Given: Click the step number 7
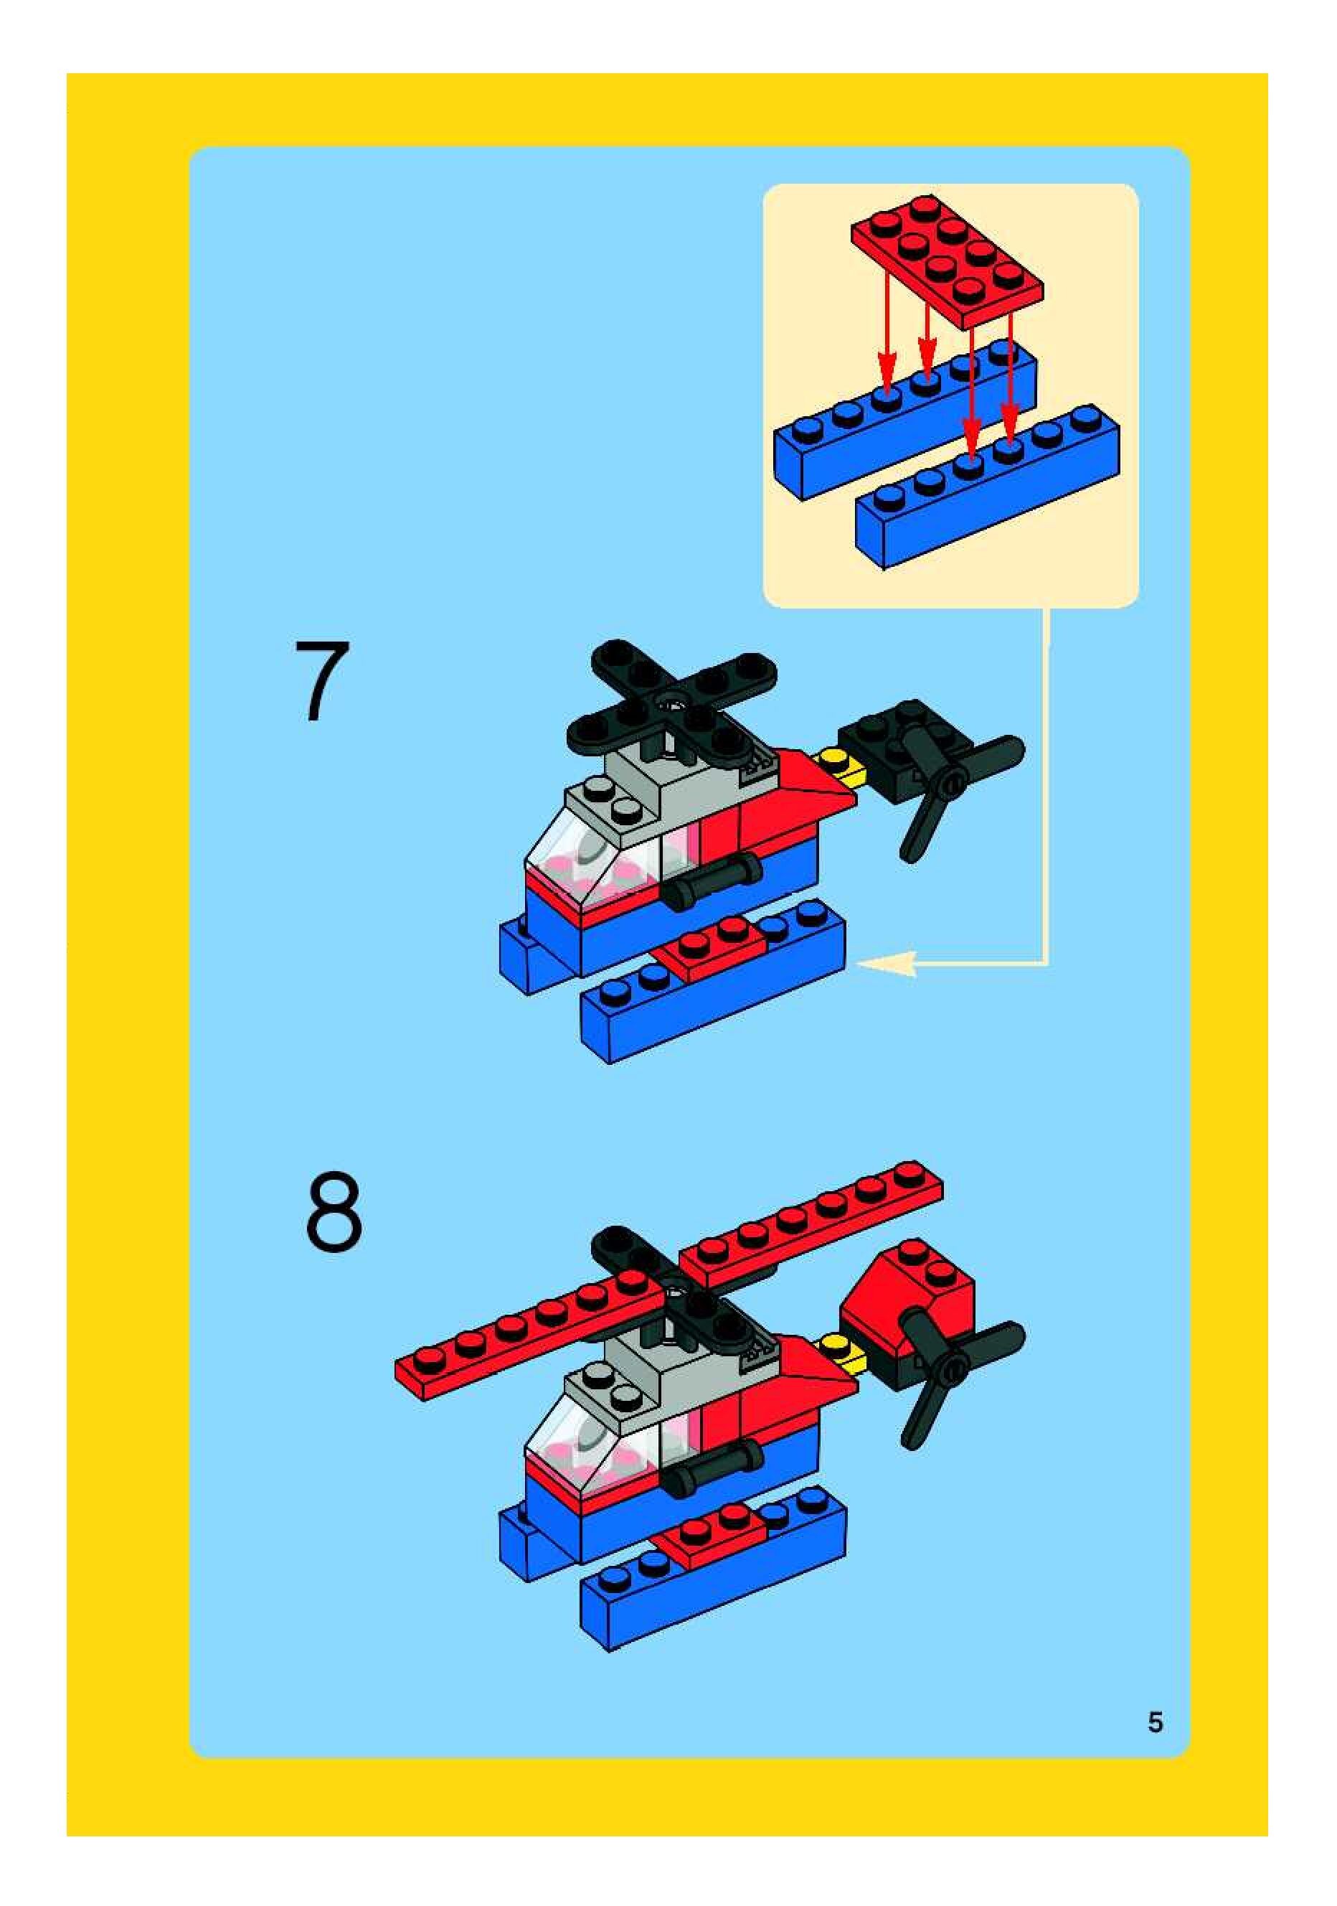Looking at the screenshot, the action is pos(323,681).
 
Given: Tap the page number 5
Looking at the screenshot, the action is pos(1156,1722).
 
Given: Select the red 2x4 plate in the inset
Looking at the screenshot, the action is pos(947,260).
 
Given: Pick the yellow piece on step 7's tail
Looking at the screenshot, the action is pos(842,766).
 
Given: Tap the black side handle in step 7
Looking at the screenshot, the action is pos(712,883).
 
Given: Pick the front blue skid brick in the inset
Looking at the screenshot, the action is pos(988,487).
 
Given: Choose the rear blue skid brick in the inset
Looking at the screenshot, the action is pos(904,419).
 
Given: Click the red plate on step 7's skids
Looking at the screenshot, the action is pos(712,948).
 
